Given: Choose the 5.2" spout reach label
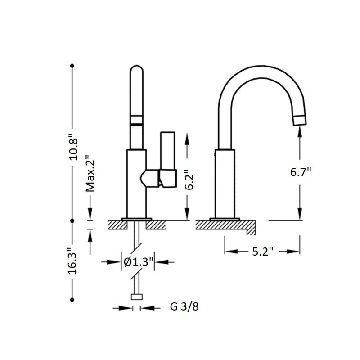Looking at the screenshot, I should tap(262, 252).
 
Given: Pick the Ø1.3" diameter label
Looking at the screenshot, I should tap(139, 261).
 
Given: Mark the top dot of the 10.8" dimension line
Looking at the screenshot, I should tap(72, 66).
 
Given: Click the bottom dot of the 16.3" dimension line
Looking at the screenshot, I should tap(72, 300).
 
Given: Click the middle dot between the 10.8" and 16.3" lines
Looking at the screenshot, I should tap(72, 220).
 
